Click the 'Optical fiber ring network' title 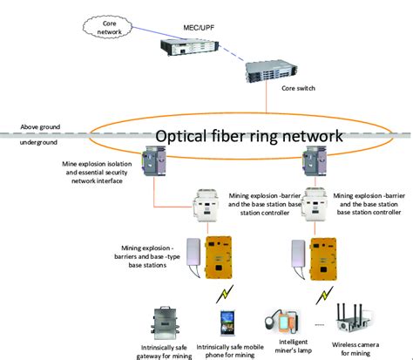[x=248, y=137]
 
